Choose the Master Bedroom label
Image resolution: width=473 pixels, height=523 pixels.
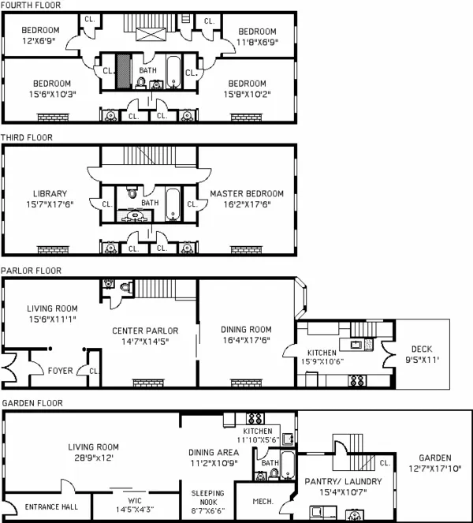(247, 193)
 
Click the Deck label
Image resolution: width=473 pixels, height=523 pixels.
(422, 349)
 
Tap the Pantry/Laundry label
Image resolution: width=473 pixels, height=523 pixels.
(343, 481)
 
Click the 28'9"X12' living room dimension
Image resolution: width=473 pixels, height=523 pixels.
(96, 457)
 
